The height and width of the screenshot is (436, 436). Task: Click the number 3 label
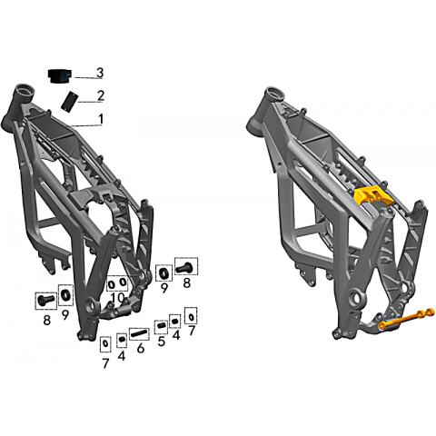point(100,73)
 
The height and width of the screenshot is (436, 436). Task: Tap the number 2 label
point(101,95)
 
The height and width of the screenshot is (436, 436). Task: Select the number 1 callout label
point(101,119)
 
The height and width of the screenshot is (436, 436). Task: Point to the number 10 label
point(117,298)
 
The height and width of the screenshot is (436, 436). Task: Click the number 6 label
point(141,348)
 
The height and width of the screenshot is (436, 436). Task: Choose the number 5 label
point(161,342)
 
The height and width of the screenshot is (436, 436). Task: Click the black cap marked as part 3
point(60,75)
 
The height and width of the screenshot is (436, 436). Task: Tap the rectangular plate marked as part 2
point(69,101)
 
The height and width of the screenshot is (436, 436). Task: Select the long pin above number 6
point(139,334)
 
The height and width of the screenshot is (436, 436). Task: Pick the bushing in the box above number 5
point(161,327)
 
